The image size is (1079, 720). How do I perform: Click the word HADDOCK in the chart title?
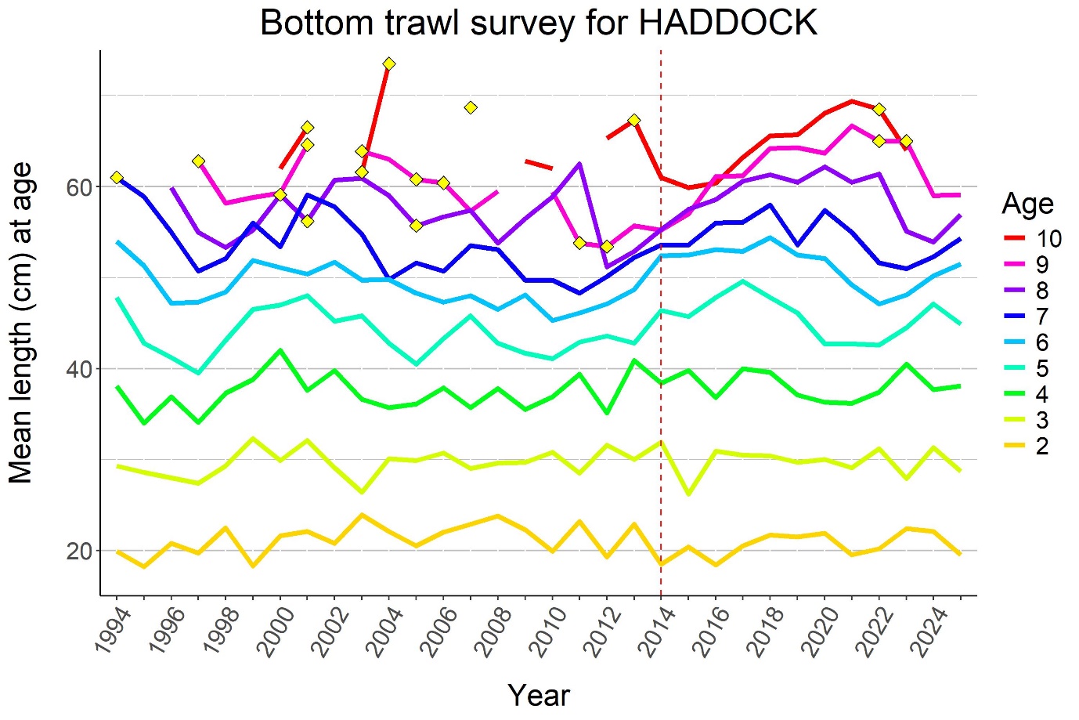point(728,24)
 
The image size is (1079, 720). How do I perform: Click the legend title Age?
point(1027,204)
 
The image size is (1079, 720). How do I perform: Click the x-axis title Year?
point(539,695)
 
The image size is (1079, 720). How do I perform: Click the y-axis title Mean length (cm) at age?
point(21,323)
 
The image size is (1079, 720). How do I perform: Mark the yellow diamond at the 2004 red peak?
point(389,63)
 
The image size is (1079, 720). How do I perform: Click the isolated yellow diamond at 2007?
point(471,107)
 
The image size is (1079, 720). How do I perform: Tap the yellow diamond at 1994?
point(117,178)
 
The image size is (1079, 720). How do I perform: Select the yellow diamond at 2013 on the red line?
point(634,120)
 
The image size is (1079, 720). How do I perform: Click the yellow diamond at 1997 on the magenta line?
point(198,161)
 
